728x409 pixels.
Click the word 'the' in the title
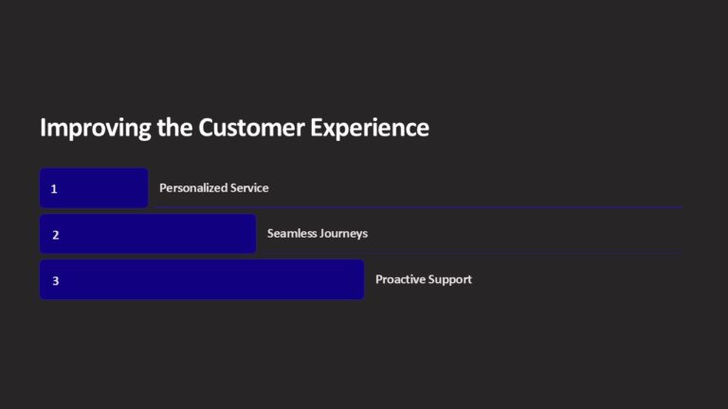tap(175, 129)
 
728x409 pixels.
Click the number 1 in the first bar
tap(54, 188)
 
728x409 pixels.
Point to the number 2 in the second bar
tap(55, 234)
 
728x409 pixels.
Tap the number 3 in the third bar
tap(55, 280)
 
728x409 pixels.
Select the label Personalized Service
tap(213, 188)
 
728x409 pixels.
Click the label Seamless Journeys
tap(317, 234)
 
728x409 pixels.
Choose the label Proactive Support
tap(423, 280)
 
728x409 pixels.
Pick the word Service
tap(250, 188)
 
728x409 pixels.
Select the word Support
tap(450, 280)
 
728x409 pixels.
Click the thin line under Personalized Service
tap(417, 207)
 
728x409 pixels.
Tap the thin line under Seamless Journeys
tap(469, 254)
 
